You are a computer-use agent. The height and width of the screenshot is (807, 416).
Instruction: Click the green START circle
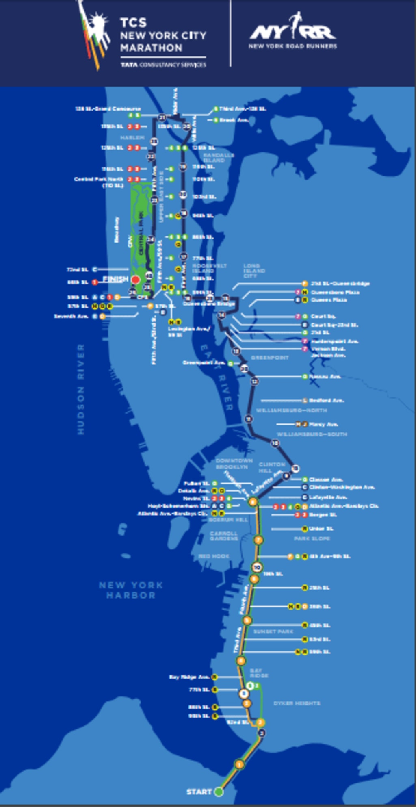219,792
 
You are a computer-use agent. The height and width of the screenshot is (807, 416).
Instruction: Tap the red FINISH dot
135,280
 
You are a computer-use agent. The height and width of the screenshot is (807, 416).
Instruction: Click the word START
199,792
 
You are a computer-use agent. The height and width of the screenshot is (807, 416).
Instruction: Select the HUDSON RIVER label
81,389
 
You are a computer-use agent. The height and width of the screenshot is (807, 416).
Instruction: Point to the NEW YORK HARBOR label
131,590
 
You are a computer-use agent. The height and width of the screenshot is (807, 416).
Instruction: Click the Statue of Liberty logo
94,35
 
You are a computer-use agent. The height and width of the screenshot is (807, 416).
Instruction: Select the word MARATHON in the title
151,48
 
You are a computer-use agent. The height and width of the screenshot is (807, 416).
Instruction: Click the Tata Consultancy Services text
163,65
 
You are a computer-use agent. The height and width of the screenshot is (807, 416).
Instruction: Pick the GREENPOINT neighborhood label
270,358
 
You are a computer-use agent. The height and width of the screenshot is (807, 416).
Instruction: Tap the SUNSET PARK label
273,631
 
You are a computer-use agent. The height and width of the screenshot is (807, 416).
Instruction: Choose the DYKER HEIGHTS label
297,703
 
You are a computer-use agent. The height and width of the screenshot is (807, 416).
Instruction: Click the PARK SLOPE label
312,538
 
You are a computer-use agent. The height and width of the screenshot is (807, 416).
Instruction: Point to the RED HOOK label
214,556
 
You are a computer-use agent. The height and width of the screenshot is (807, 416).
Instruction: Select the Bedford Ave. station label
326,400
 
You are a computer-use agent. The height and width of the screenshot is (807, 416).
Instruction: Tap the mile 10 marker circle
256,567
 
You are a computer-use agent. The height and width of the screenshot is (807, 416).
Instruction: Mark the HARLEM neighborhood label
132,138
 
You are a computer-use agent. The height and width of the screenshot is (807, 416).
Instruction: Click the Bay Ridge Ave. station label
189,677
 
